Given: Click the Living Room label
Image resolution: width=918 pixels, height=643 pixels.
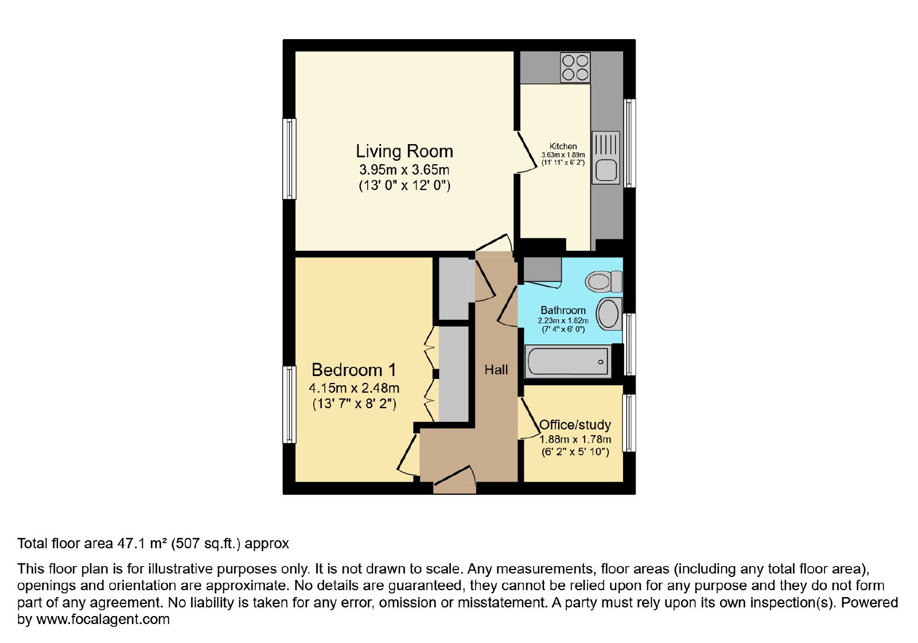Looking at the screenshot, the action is tap(404, 152).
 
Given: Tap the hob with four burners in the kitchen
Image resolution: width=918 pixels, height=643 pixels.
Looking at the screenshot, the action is tap(575, 68).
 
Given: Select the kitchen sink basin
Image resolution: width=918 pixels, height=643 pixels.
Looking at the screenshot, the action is tap(606, 170).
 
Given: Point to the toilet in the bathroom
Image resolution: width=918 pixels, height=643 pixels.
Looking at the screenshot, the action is tap(604, 281).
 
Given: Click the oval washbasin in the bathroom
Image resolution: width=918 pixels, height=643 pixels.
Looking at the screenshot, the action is tap(609, 313).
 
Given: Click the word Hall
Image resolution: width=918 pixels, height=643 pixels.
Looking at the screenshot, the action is tap(496, 370).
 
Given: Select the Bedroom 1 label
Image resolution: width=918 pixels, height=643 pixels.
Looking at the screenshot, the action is tap(354, 370).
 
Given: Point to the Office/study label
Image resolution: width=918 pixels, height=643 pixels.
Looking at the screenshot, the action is tap(575, 425).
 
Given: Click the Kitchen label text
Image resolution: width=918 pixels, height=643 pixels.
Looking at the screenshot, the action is tap(563, 146).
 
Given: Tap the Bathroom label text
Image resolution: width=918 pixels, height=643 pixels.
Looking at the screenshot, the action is tap(563, 311).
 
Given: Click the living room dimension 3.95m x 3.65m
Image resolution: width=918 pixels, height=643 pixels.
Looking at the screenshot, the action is tap(404, 169).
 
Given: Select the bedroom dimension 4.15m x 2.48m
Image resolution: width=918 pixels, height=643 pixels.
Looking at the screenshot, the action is tap(354, 388).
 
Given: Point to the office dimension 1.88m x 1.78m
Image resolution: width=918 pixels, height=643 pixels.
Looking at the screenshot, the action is tap(575, 440).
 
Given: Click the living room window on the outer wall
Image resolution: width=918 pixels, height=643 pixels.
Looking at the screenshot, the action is tap(289, 159).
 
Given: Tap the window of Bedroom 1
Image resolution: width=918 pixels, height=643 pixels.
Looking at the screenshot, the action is tap(289, 404).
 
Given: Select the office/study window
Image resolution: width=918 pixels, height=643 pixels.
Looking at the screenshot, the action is tap(629, 423).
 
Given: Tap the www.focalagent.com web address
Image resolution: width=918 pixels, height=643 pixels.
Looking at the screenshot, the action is tap(103, 619).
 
